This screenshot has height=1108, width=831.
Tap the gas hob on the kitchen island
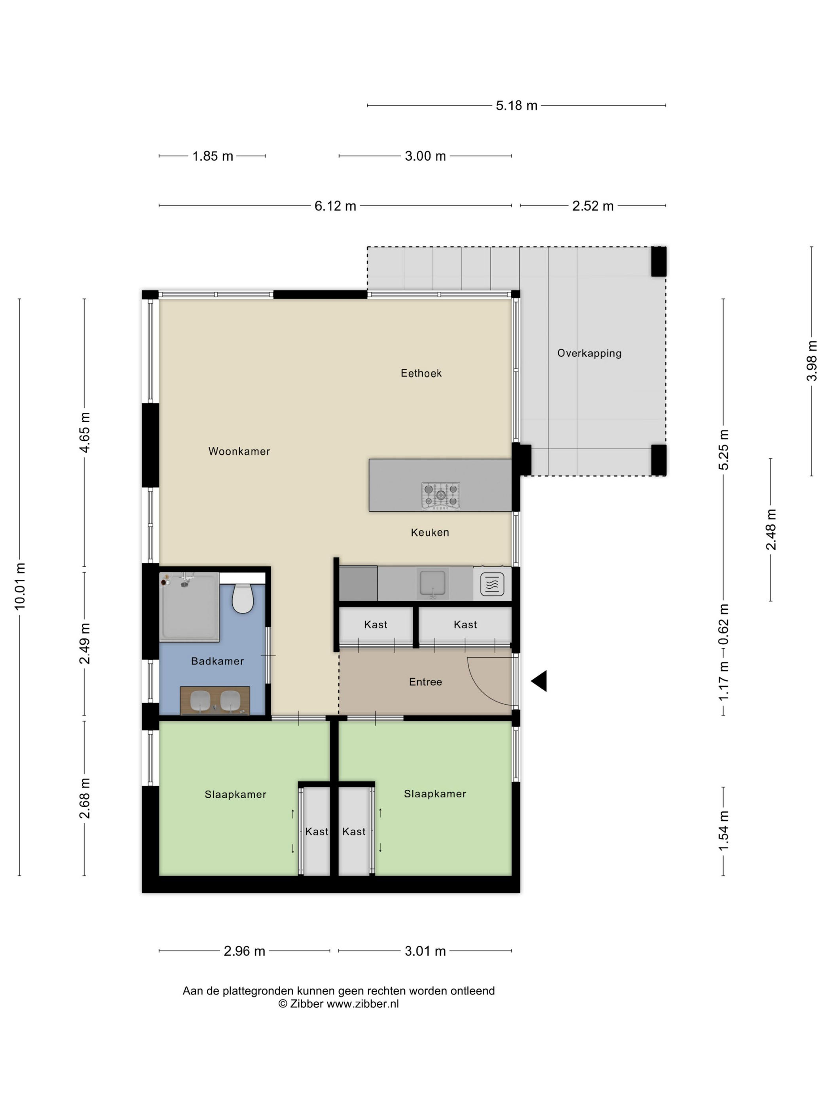tap(441, 495)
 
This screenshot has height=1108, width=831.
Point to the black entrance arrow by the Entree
tap(539, 681)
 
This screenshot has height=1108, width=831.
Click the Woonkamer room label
tap(239, 452)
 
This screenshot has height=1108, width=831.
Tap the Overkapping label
tap(590, 353)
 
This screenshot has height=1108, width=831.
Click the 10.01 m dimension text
tap(19, 586)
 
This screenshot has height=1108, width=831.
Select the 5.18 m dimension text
tap(516, 106)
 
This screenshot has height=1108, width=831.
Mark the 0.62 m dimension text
tap(723, 624)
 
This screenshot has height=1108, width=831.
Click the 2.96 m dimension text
tap(245, 951)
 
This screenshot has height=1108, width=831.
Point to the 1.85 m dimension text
tap(213, 156)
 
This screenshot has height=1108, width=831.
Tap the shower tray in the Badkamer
tap(189, 607)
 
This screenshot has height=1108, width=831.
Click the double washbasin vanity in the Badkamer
tap(215, 701)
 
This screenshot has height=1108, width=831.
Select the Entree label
tap(426, 682)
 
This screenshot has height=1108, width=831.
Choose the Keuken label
tap(430, 533)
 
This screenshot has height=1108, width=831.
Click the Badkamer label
tap(217, 661)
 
